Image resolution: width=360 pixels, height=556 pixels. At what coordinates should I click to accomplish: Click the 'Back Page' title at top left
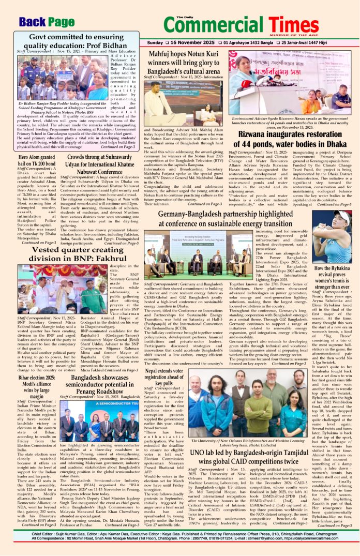coord(47,22)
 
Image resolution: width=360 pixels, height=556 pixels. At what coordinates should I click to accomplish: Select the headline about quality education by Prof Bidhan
coord(76,41)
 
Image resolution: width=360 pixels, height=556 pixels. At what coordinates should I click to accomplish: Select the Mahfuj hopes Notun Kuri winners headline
coord(185,62)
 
